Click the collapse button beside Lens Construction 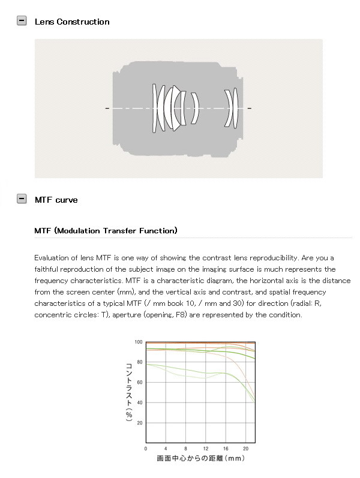[x=22, y=21]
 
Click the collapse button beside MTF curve [x=22, y=199]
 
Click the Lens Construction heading [x=72, y=22]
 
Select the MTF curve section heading [x=56, y=200]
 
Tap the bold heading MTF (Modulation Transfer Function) [x=106, y=230]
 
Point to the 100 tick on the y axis [x=139, y=342]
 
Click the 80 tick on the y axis [x=139, y=362]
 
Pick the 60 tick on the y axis [x=139, y=382]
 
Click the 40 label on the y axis [x=139, y=402]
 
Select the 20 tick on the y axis [x=139, y=423]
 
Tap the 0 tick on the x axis [x=146, y=449]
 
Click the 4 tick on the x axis [x=166, y=449]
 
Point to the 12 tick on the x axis [x=205, y=449]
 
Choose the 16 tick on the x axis [x=225, y=449]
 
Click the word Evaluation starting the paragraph [x=52, y=257]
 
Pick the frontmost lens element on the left [x=154, y=108]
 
